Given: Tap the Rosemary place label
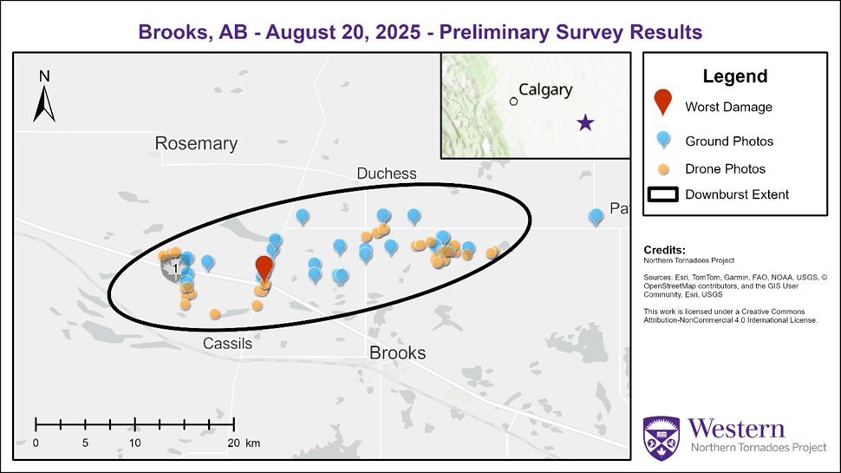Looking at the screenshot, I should [196, 143].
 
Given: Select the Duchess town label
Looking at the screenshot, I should [387, 174].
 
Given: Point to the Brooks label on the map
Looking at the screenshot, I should [397, 352].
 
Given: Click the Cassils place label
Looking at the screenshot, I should [227, 344].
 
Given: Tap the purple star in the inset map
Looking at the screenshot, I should [586, 123].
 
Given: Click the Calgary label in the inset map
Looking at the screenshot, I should [545, 90].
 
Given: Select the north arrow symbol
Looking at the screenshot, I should [44, 97].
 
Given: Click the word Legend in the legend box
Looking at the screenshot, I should [734, 76].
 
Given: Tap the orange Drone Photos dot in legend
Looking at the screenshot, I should [662, 168].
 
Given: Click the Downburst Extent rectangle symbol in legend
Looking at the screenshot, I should [662, 194].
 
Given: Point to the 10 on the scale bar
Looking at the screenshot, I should [135, 443].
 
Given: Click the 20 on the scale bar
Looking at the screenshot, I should [232, 443].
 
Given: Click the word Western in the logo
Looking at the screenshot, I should [737, 429].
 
